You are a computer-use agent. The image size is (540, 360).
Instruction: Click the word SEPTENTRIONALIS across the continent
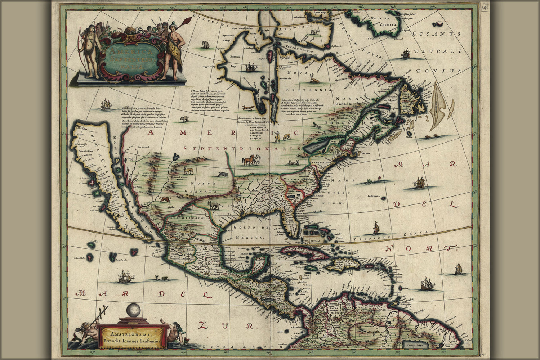[x=242, y=148]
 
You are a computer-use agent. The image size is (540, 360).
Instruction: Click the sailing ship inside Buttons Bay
[x=250, y=67]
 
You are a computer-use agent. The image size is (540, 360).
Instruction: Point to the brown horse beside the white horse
[x=248, y=160]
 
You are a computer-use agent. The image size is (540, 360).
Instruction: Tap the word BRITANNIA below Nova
[x=309, y=90]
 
